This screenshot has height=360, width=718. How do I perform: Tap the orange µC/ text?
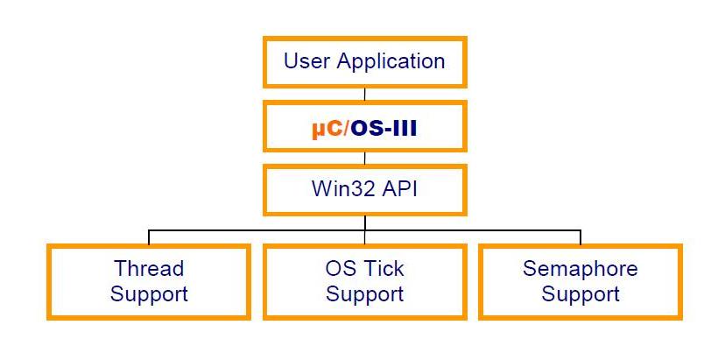pyautogui.click(x=329, y=128)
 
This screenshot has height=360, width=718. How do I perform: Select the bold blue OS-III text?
pyautogui.click(x=384, y=128)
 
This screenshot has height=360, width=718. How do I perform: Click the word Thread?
pyautogui.click(x=149, y=268)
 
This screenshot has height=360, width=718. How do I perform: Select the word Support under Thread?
pyautogui.click(x=149, y=293)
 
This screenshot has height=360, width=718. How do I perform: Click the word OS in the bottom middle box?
pyautogui.click(x=328, y=268)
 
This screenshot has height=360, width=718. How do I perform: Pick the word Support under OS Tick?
pyautogui.click(x=364, y=293)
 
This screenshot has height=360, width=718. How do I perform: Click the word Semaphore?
pyautogui.click(x=581, y=268)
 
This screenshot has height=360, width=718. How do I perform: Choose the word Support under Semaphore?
pyautogui.click(x=581, y=293)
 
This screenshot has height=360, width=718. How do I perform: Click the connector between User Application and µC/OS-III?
pyautogui.click(x=365, y=94)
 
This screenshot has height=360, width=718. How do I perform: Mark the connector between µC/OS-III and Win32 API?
pyautogui.click(x=365, y=159)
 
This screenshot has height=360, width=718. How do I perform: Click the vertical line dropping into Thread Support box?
pyautogui.click(x=149, y=237)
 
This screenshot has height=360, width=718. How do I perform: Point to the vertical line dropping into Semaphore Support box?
pyautogui.click(x=581, y=237)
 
